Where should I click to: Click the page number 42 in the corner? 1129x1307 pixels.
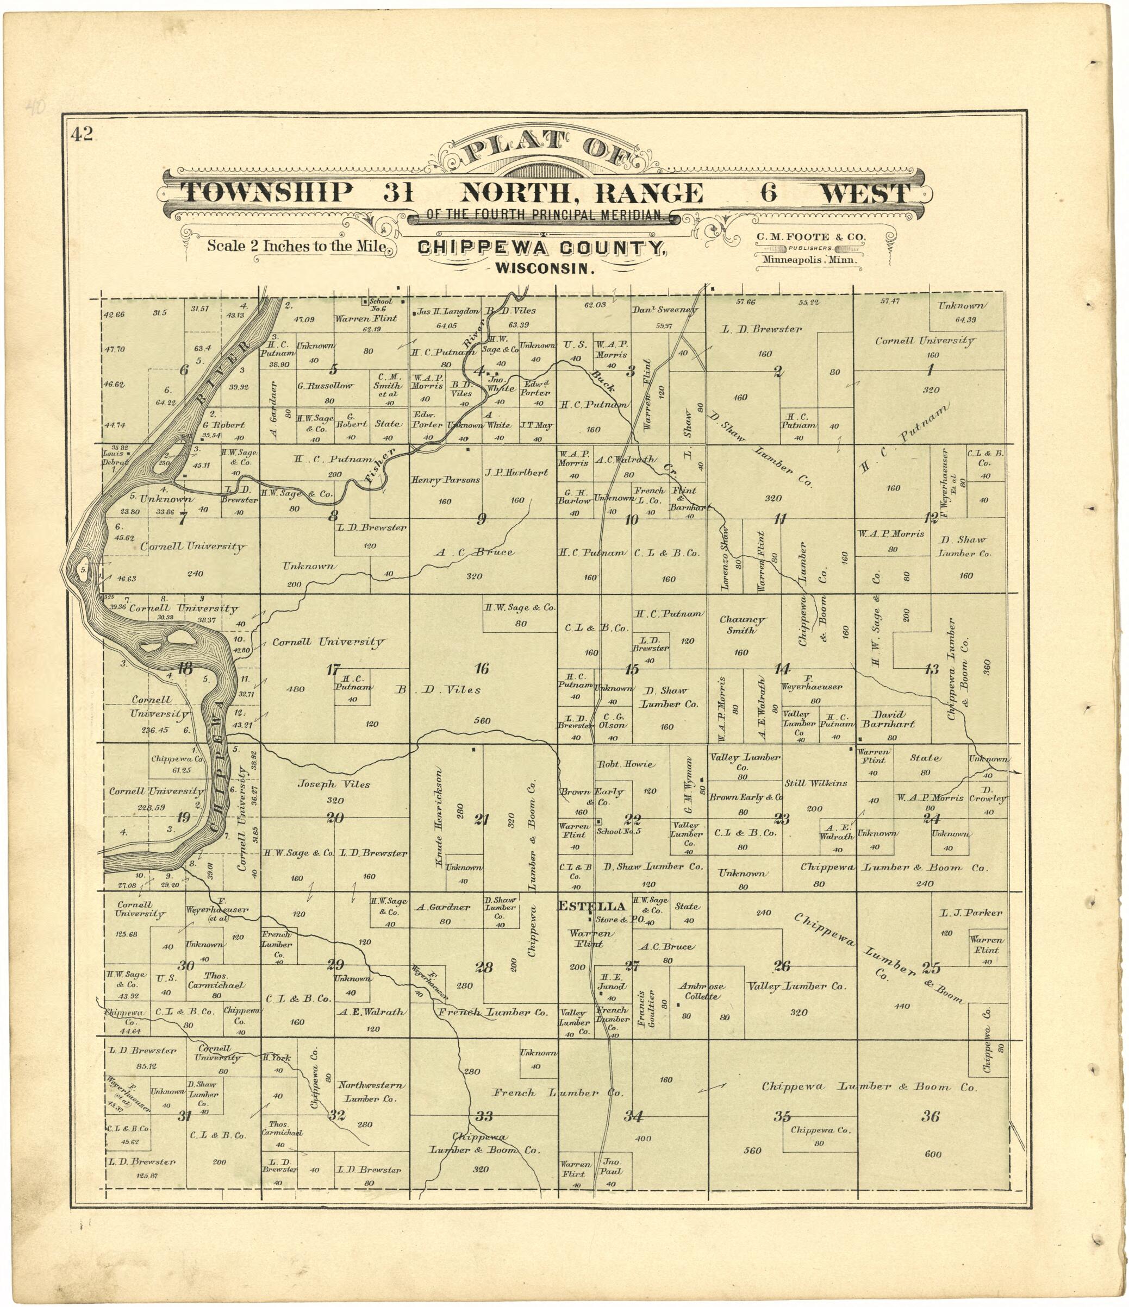[82, 134]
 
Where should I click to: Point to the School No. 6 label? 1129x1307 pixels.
[381, 305]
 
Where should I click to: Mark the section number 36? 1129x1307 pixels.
[930, 1116]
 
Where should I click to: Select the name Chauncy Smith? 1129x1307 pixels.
[742, 625]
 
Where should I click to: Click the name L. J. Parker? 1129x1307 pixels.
[961, 913]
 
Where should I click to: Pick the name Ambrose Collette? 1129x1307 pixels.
[701, 991]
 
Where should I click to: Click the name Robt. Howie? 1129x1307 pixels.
[626, 764]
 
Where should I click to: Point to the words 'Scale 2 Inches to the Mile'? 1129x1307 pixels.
[296, 246]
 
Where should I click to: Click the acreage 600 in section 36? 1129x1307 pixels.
[933, 1154]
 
